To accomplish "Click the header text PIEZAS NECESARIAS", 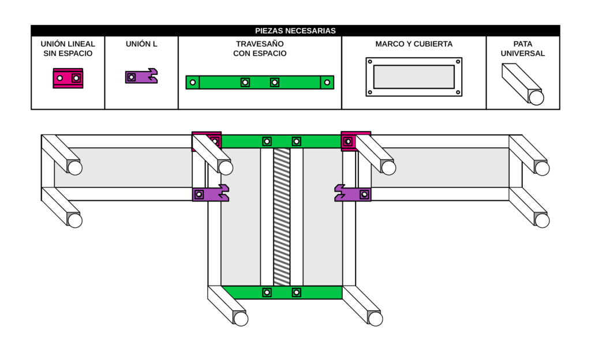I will [295, 31].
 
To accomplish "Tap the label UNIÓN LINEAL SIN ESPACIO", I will [68, 48].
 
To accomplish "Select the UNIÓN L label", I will [141, 44].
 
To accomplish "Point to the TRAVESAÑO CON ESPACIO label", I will [260, 48].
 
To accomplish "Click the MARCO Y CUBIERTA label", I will [414, 44].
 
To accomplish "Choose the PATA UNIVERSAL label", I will [522, 48].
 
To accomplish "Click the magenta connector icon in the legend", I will [68, 78].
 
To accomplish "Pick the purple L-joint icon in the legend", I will [141, 76].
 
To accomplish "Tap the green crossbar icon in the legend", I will [260, 82].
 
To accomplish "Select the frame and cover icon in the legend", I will [414, 77].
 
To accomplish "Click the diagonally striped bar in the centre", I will [281, 216].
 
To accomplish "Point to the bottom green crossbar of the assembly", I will [282, 292].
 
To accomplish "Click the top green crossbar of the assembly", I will [282, 141].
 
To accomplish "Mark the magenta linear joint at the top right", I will [349, 141].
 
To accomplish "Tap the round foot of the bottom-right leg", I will [375, 318].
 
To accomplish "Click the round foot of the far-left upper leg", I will [74, 168].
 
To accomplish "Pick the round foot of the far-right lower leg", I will [542, 220].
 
